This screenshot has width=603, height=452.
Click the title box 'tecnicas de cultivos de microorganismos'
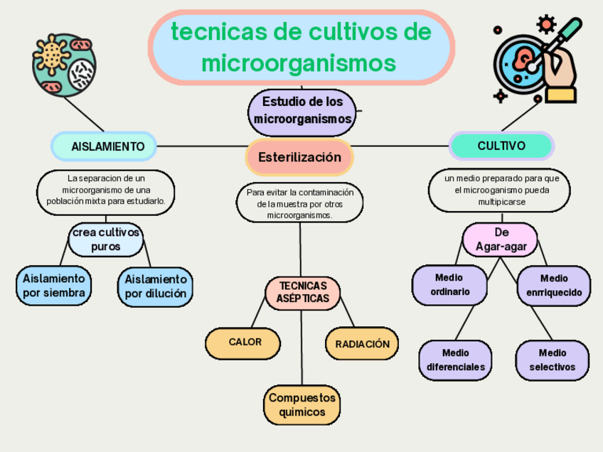coord(301,47)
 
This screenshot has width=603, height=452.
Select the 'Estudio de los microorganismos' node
coord(302,111)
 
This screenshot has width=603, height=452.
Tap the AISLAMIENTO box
coord(104,146)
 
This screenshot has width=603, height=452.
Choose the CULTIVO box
coord(501,146)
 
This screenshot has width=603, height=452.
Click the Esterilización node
coord(299,158)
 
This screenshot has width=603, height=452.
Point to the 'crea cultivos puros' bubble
coord(105,240)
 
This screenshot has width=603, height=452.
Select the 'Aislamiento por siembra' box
coord(54,286)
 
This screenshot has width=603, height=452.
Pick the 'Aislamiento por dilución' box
coord(155,286)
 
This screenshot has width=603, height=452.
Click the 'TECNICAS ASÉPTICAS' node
coord(302,291)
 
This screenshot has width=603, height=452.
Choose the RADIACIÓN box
coord(362,344)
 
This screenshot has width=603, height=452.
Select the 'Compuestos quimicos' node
coord(301,405)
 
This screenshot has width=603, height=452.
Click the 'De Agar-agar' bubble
coord(501,240)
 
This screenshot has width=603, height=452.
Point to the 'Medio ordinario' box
coord(450,285)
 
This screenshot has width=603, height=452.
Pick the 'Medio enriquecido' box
coord(553,286)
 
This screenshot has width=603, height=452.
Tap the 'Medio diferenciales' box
coord(455,360)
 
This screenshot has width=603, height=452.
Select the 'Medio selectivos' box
coord(552,360)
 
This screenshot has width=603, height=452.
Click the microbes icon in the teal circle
coord(63,65)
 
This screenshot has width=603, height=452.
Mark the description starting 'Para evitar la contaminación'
coord(299,203)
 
